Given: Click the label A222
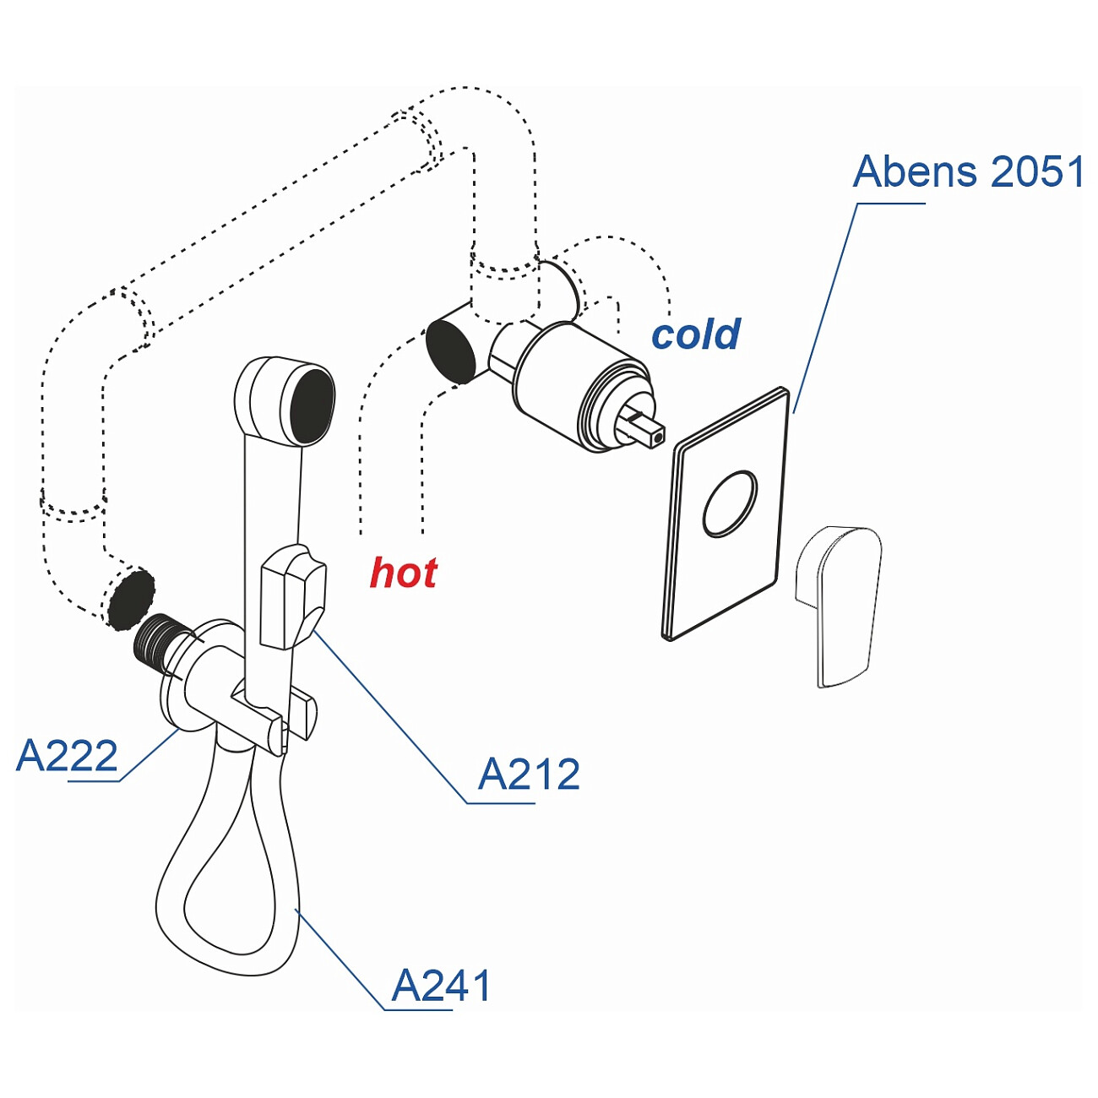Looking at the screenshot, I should click(x=68, y=756).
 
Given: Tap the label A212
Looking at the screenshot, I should click(x=530, y=775).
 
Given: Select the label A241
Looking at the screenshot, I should click(x=442, y=986).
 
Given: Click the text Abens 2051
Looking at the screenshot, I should click(x=968, y=172).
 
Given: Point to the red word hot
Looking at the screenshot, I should click(x=404, y=573).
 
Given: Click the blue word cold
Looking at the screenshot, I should click(x=696, y=334).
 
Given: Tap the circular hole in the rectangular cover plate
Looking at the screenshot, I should click(x=731, y=503).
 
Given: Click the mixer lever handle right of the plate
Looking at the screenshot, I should click(x=839, y=604).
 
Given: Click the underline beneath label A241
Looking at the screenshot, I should click(x=418, y=1009).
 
